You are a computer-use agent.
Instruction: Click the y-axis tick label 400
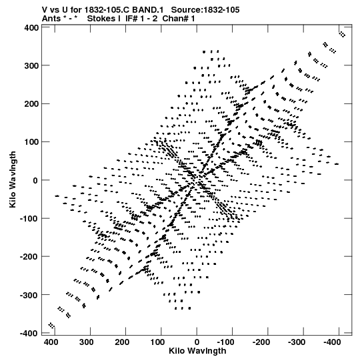[31, 28]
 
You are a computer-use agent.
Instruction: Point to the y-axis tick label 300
[31, 66]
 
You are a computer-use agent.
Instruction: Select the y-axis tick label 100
[31, 142]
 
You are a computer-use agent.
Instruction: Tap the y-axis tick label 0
[35, 180]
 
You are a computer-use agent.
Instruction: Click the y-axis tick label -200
[29, 257]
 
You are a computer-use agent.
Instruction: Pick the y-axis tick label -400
[29, 334]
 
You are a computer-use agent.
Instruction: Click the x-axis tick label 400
[51, 342]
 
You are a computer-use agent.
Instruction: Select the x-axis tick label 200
[122, 342]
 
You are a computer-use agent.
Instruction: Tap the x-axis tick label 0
[197, 342]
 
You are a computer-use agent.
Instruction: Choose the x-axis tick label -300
[296, 342]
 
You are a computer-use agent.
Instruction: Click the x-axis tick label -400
[332, 342]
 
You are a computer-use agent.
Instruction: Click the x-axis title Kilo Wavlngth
[197, 351]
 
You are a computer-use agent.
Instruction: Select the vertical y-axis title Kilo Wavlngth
[13, 179]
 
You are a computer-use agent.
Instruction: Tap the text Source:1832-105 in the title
[205, 10]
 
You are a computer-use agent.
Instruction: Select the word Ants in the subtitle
[51, 19]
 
